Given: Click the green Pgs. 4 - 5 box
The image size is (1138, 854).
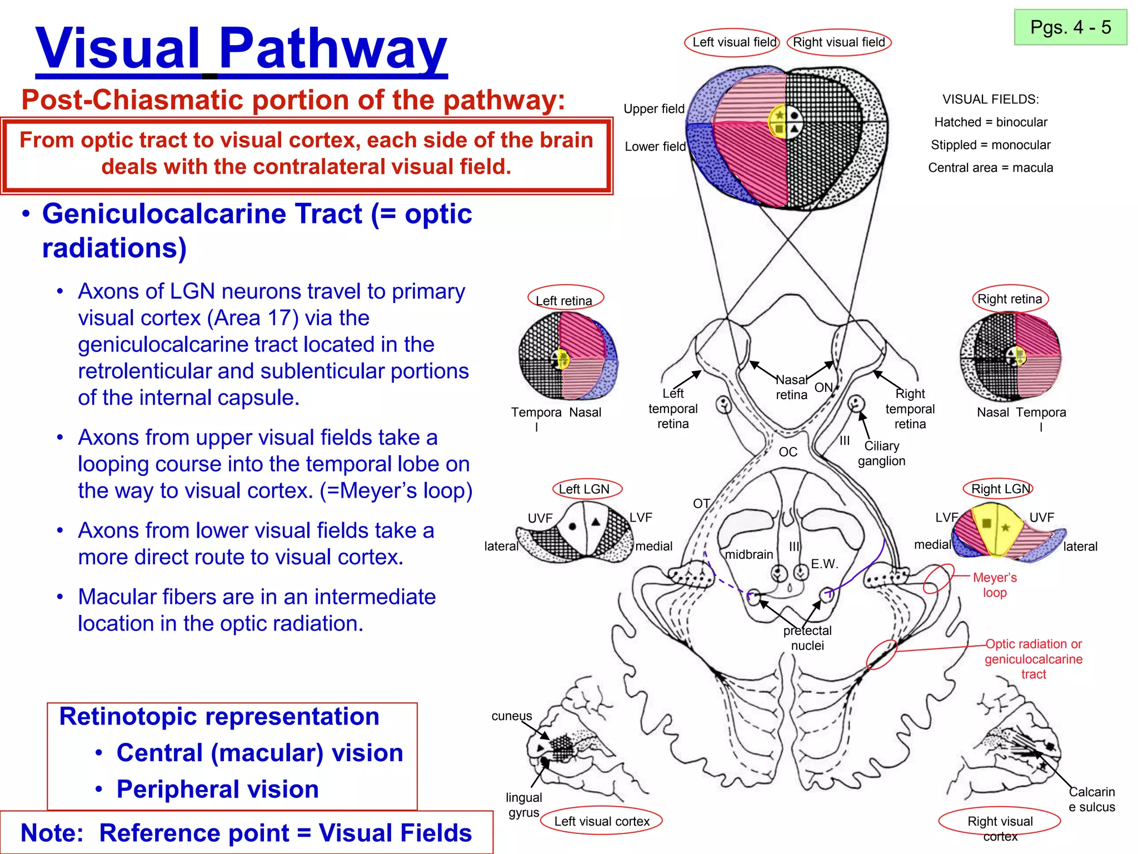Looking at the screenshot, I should tap(1070, 27).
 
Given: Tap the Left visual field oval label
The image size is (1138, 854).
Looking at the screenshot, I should tap(733, 42).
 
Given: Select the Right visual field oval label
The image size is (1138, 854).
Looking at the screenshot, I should tap(838, 42).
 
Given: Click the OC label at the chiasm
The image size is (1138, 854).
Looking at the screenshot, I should tap(788, 452).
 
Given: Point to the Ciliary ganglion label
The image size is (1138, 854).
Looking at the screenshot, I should tap(881, 453).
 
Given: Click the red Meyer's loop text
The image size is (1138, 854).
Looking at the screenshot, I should tap(995, 585).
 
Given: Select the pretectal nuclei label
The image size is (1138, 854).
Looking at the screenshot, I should tap(807, 638).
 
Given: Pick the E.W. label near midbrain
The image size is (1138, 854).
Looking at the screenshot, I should tap(823, 564).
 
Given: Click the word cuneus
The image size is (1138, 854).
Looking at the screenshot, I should tap(511, 716).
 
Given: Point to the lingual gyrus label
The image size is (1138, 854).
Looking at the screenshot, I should tap(523, 805).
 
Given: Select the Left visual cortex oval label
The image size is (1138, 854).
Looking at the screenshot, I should tap(601, 821).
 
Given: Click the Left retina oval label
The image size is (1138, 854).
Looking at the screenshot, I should tap(564, 300).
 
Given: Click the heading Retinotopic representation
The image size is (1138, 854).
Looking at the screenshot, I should tap(219, 717).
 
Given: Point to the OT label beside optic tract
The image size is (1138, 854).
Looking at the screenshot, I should tap(701, 504).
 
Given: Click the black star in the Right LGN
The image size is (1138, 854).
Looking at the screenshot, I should tap(1005, 527).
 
